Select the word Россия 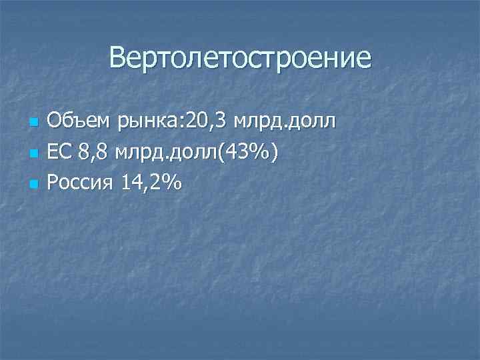pyautogui.click(x=81, y=183)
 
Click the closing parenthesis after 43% pyautogui.click(x=274, y=154)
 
